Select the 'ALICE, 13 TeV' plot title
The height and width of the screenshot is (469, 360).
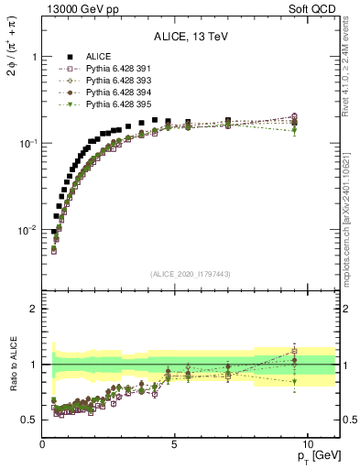click(x=191, y=37)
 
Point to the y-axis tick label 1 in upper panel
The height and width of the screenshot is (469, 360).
click(x=34, y=57)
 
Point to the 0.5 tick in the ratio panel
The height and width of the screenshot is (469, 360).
click(x=29, y=420)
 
